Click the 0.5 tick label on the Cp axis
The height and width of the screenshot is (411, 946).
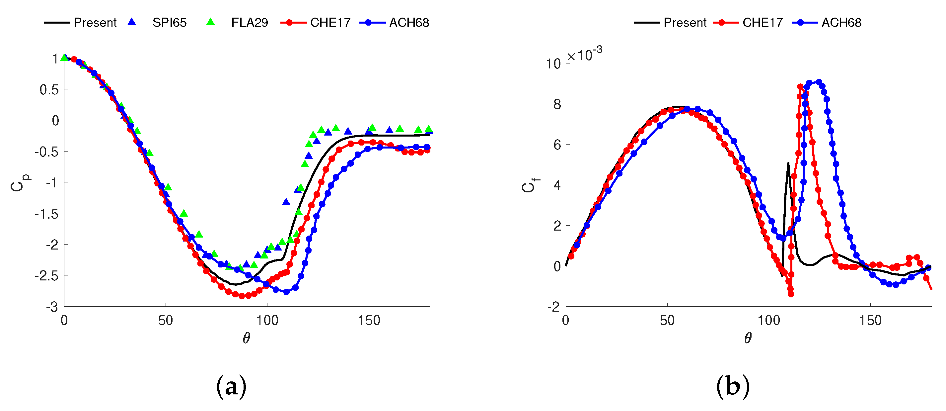(x=49, y=90)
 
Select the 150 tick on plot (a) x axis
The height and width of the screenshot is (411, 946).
(x=369, y=321)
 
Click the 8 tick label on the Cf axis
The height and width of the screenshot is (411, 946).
(x=557, y=105)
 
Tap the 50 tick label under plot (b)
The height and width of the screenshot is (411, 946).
(x=667, y=321)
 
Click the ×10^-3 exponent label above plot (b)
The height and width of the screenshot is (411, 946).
(x=584, y=54)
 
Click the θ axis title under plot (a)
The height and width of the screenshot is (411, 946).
(x=247, y=338)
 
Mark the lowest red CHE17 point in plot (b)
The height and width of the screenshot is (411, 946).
(x=791, y=294)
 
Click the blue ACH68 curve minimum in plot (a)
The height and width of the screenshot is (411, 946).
(x=286, y=292)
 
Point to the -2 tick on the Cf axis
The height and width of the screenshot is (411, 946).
(x=553, y=307)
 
